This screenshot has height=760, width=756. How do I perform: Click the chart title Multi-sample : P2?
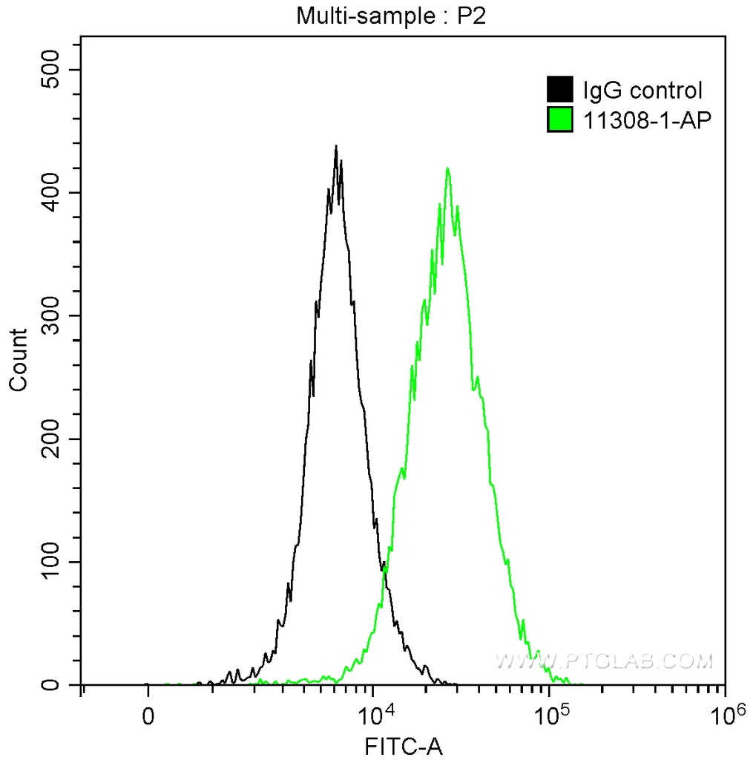tap(391, 16)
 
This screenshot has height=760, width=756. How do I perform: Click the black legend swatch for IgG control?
tap(560, 91)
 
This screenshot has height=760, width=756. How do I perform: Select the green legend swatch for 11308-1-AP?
tap(560, 119)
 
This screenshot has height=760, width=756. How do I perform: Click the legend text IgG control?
tap(642, 91)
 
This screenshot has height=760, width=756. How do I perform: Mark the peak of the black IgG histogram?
tap(336, 147)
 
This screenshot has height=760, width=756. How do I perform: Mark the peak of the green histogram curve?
tap(447, 168)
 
